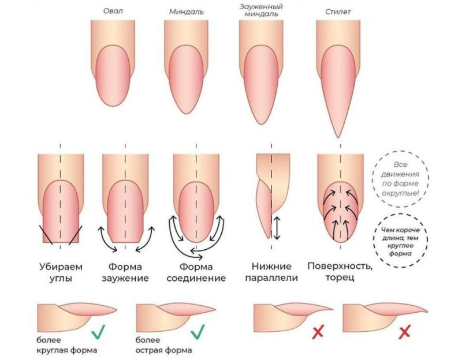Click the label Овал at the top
(x=113, y=11)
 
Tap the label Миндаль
(x=186, y=11)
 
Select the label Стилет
(x=338, y=11)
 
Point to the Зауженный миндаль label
(x=260, y=10)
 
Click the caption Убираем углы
(x=60, y=272)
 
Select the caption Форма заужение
(x=127, y=272)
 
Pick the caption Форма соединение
(x=196, y=272)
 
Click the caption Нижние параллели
(x=274, y=272)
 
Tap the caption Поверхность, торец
(x=340, y=272)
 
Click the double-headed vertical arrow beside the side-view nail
(x=277, y=227)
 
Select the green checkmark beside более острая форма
(x=198, y=331)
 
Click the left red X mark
(x=317, y=332)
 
